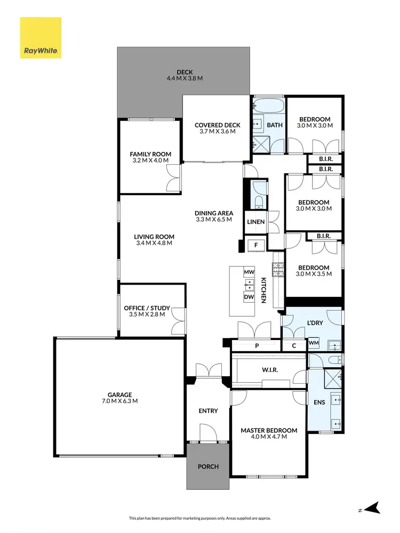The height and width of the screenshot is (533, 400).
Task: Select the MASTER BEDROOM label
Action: (x=269, y=430)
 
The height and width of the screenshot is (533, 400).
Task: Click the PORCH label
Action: (x=208, y=467)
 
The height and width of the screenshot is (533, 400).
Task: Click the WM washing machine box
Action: (x=314, y=343)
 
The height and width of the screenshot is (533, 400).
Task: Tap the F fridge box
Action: (x=257, y=245)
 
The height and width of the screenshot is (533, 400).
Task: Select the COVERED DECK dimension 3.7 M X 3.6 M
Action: (x=217, y=132)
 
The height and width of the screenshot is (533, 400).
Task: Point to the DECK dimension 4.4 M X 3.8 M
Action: (x=185, y=78)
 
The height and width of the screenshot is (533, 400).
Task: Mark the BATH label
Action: (x=275, y=125)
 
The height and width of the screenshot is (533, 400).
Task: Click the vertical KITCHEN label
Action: (x=263, y=290)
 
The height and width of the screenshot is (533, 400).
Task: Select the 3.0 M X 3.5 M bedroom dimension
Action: (x=314, y=274)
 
